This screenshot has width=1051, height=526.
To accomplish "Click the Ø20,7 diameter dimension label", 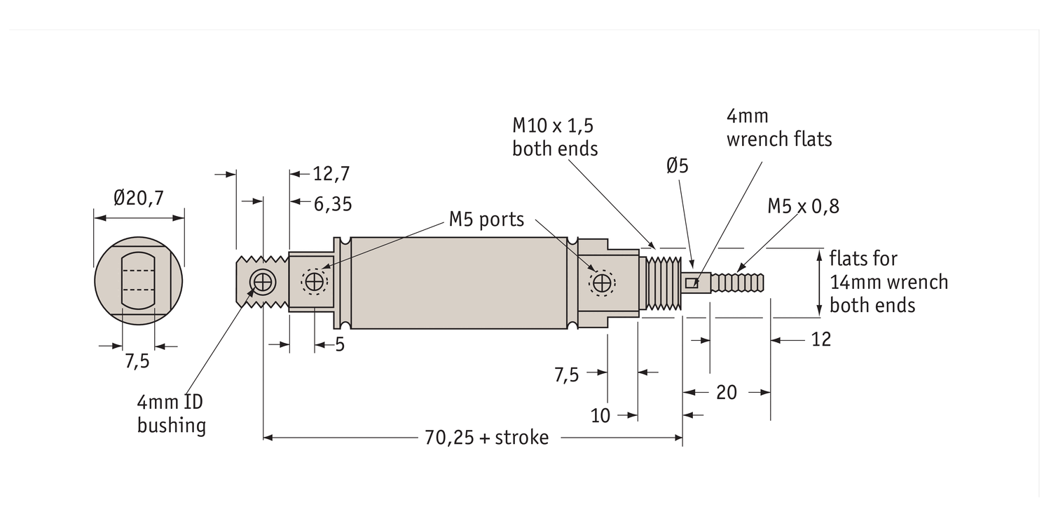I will point(138,198).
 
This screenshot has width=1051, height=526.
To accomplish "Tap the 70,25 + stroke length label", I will point(486,438).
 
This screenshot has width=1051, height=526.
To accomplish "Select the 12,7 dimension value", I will point(331,174).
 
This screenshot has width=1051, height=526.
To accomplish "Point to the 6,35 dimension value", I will point(332,204).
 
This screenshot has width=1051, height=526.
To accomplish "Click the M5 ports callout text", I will point(486,220).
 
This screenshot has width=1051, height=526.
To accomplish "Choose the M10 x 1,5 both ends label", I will point(554,137).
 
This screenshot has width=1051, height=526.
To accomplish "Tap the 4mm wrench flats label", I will point(778,128).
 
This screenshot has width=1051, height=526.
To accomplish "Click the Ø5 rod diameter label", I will point(678,166).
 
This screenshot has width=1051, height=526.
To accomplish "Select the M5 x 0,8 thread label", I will point(803,206).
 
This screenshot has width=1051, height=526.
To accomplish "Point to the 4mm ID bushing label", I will point(172,414).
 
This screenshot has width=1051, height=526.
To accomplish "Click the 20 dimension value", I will point(727,393).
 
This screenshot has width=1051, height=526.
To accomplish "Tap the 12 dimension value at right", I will point(820,339).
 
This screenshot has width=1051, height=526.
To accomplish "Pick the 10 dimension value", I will point(600,416).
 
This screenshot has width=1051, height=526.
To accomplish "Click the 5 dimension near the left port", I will point(340,345).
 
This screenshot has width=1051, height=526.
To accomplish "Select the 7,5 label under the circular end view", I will point(137,362).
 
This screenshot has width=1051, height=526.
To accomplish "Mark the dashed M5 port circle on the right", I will point(602,283).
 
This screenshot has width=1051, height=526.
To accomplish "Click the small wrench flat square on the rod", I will point(692,283).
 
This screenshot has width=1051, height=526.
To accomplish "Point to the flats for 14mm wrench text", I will point(888,282).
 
